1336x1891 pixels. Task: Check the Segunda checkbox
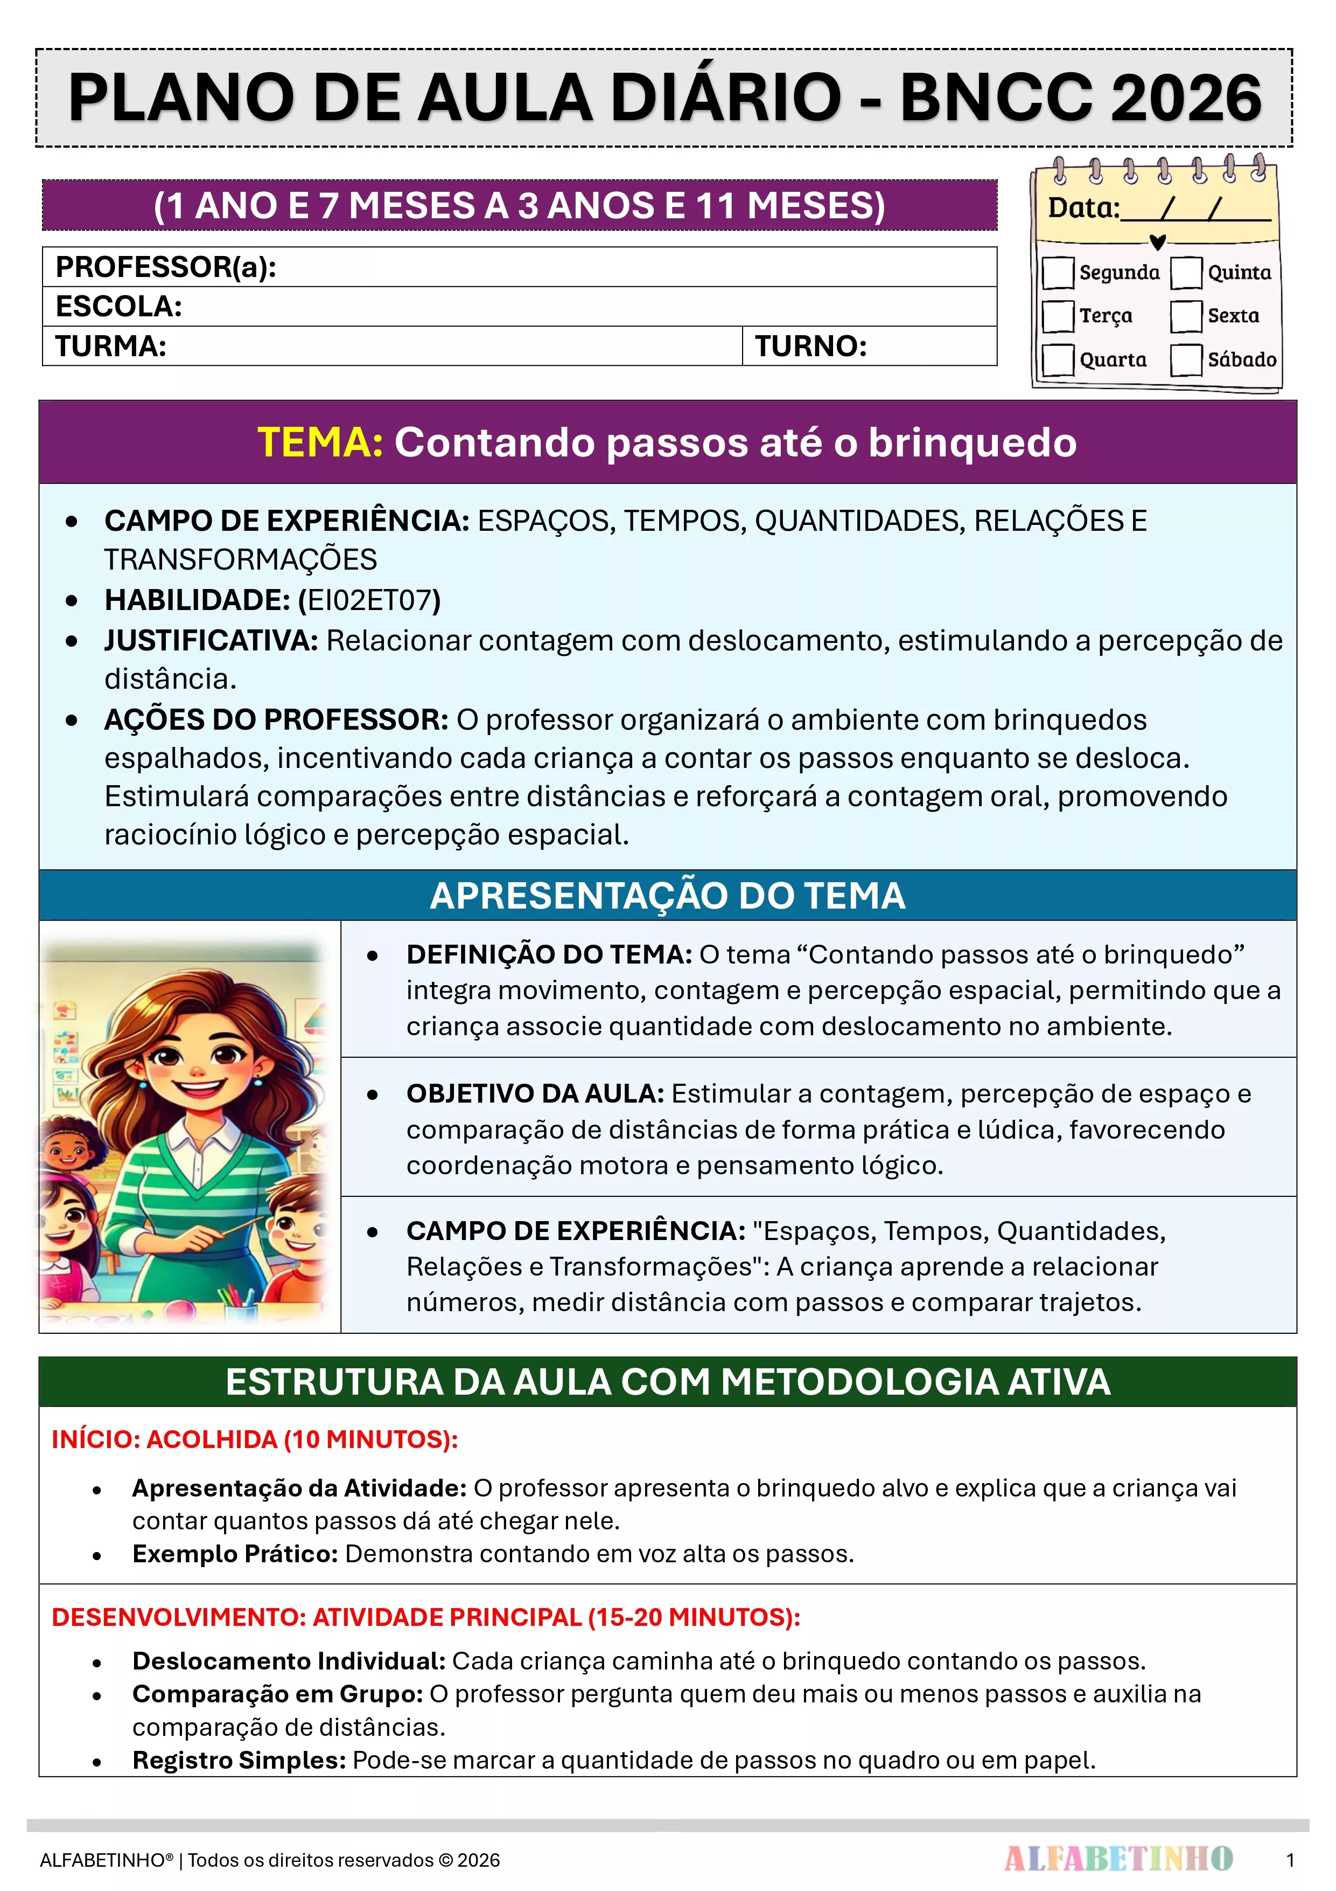tap(1058, 273)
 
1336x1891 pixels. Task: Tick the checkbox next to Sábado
tap(1186, 360)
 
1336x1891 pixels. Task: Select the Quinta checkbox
tap(1186, 273)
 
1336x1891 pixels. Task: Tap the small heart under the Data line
tap(1157, 242)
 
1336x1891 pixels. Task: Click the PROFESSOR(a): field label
tap(165, 267)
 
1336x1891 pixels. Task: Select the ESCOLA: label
tap(118, 307)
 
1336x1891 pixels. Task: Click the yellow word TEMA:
tap(319, 442)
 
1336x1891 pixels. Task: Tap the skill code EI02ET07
tap(369, 600)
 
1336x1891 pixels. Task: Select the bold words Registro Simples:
tap(239, 1760)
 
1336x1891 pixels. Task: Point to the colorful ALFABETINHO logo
tap(1118, 1859)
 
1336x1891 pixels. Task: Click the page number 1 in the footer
tap(1290, 1860)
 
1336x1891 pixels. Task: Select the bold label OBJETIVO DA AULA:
tap(535, 1094)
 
